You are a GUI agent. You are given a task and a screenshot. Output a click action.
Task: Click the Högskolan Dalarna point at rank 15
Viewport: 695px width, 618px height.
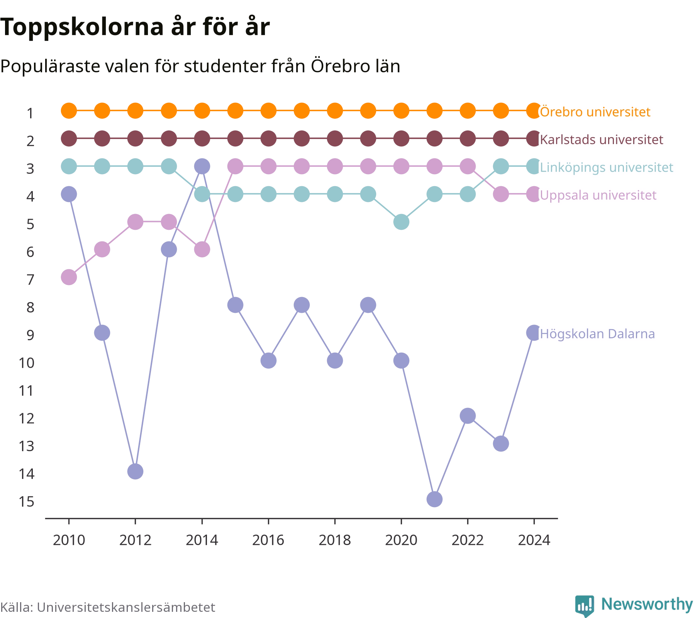click(x=434, y=499)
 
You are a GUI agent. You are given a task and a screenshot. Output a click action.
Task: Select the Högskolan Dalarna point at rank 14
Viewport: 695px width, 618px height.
click(x=135, y=471)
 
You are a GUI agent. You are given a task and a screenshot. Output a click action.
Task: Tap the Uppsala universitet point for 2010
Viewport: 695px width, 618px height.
click(x=69, y=277)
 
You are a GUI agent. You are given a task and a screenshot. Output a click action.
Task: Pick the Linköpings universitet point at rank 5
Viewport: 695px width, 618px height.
click(x=401, y=222)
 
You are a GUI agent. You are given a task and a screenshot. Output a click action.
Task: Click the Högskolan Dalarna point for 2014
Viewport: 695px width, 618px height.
click(x=202, y=166)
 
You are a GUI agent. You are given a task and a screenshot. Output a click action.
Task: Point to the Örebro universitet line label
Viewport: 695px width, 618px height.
click(x=595, y=112)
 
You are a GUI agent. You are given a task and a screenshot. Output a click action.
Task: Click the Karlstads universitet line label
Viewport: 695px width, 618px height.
click(x=602, y=139)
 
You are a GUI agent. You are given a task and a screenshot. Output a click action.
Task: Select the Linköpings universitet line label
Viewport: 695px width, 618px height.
click(x=607, y=167)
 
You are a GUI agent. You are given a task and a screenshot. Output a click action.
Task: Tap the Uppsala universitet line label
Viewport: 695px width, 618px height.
click(x=598, y=195)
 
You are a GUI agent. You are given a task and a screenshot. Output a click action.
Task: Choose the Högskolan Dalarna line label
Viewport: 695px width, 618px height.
click(x=597, y=334)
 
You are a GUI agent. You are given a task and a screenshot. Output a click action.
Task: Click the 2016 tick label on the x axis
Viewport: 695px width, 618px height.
click(x=268, y=540)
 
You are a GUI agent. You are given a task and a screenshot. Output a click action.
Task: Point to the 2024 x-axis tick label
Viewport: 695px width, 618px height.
click(x=534, y=540)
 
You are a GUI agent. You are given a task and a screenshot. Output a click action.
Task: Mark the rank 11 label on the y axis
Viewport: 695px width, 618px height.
click(x=27, y=391)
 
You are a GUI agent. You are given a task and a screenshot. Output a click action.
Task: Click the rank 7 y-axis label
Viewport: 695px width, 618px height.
click(x=31, y=280)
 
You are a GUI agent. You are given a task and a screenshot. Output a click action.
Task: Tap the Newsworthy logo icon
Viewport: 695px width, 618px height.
click(x=585, y=606)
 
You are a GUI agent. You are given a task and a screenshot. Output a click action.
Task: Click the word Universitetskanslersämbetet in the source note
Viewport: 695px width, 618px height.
click(x=126, y=607)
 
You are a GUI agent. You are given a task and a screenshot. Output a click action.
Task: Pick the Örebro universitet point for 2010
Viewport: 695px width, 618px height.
click(x=69, y=111)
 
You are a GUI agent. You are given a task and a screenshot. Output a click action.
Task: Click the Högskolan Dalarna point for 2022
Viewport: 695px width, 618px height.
click(x=468, y=416)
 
